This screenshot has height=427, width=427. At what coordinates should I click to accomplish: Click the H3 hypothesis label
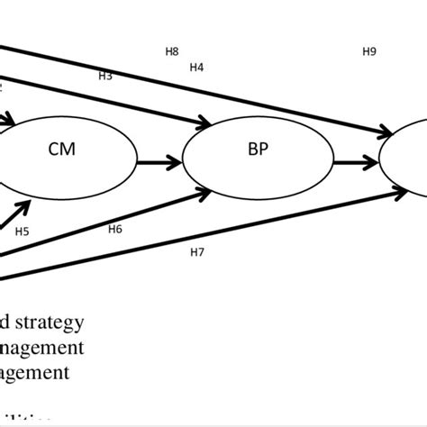coord(105,76)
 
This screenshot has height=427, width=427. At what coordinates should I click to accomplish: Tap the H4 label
coord(196,67)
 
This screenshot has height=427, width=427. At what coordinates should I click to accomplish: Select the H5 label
coord(22,232)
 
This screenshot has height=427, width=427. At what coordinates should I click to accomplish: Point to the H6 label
coord(115,229)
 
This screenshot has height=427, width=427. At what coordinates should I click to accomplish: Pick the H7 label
coord(197,251)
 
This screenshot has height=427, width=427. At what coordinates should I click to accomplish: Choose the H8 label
coord(172,51)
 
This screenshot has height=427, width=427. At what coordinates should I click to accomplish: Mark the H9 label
coord(368,51)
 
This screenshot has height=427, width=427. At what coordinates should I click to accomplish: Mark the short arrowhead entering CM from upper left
coord(11,118)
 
